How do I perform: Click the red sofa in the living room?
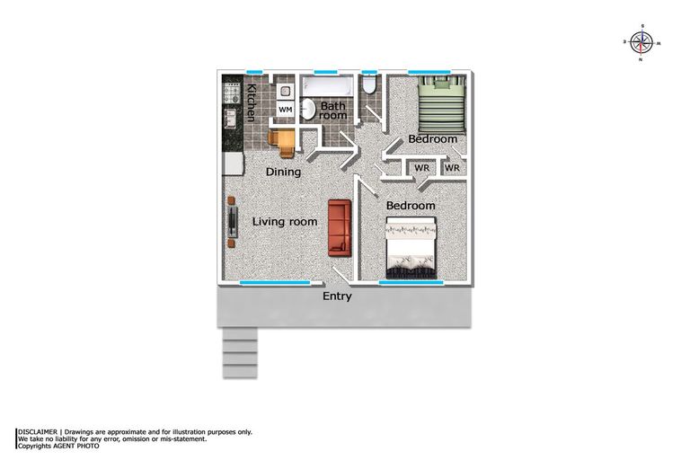point(339,226)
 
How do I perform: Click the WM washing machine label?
point(285,110)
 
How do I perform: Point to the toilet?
point(369,86)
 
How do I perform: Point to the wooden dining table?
point(281,140)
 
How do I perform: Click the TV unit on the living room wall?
point(232,219)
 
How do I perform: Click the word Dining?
point(282,172)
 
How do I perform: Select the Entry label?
point(337,296)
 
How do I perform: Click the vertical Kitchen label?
point(252,102)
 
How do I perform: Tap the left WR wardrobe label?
point(420,168)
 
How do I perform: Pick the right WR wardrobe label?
point(452,168)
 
